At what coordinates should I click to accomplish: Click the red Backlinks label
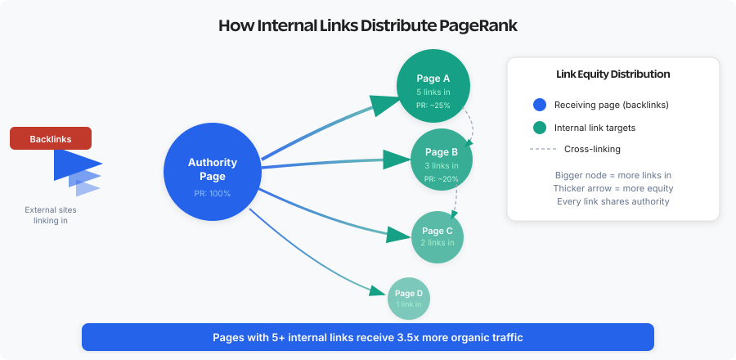(51, 139)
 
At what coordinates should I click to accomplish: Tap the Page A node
(433, 85)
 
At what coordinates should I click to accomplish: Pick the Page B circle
(442, 159)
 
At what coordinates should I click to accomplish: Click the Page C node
(438, 236)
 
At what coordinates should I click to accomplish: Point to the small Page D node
(409, 298)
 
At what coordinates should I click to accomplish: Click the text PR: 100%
(212, 194)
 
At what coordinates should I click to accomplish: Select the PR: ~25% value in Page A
(433, 105)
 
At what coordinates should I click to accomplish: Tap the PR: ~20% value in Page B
(442, 178)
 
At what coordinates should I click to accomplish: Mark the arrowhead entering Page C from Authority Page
(398, 236)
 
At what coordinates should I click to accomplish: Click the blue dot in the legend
(539, 105)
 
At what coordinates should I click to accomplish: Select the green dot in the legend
(539, 127)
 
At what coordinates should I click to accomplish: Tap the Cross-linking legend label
(591, 149)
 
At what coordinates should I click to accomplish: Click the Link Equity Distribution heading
(613, 74)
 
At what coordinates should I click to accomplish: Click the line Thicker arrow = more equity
(613, 188)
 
